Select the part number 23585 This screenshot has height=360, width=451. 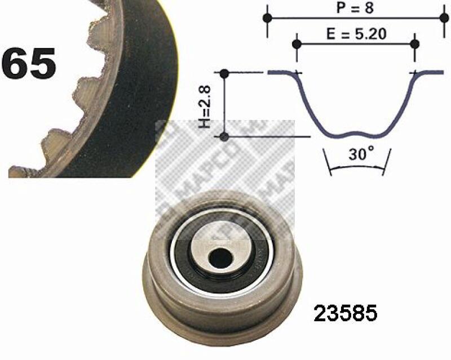coord(346,313)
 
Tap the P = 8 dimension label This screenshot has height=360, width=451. coord(355,8)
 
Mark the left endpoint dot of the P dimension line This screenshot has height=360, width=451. coord(267,18)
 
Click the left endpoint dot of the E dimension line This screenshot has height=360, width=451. coord(297,43)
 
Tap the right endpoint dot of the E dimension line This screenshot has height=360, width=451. coord(415,43)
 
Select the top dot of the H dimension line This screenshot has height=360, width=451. coord(224,73)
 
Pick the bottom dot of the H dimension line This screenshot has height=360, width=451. coord(224,136)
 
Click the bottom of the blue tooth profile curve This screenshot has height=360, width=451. coord(355,135)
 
